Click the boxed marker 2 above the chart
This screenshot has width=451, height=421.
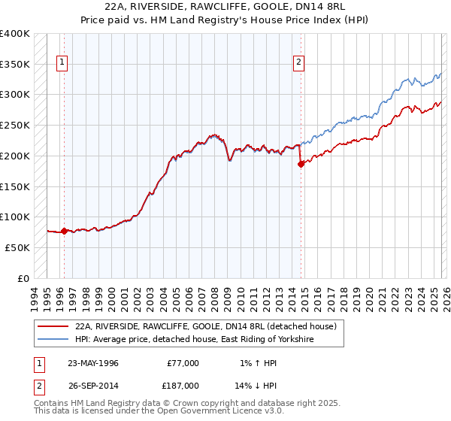click(x=299, y=63)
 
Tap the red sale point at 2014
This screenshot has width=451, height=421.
click(x=300, y=163)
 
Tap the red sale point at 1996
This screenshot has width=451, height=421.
click(x=64, y=231)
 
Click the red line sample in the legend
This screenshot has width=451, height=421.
click(x=53, y=327)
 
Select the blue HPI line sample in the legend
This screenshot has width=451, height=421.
click(x=53, y=340)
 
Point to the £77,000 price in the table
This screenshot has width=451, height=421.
click(x=183, y=363)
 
